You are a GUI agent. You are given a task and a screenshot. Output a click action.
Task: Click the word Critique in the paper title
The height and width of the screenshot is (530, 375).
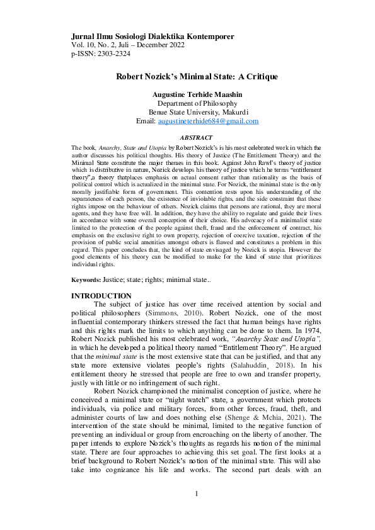click(x=260, y=77)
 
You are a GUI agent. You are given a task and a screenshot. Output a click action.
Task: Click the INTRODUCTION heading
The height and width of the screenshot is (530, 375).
click(x=101, y=296)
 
